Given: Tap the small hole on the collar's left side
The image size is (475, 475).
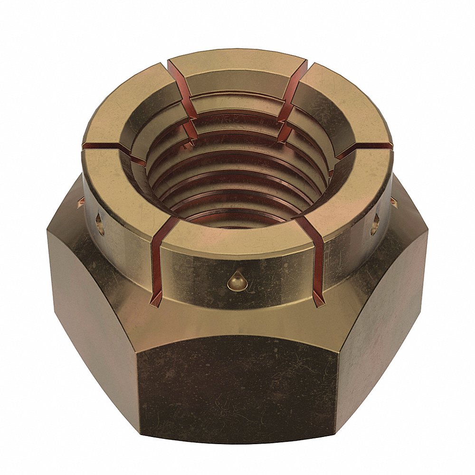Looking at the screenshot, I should point(100,223).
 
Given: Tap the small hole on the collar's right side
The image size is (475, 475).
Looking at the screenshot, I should point(375,222).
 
